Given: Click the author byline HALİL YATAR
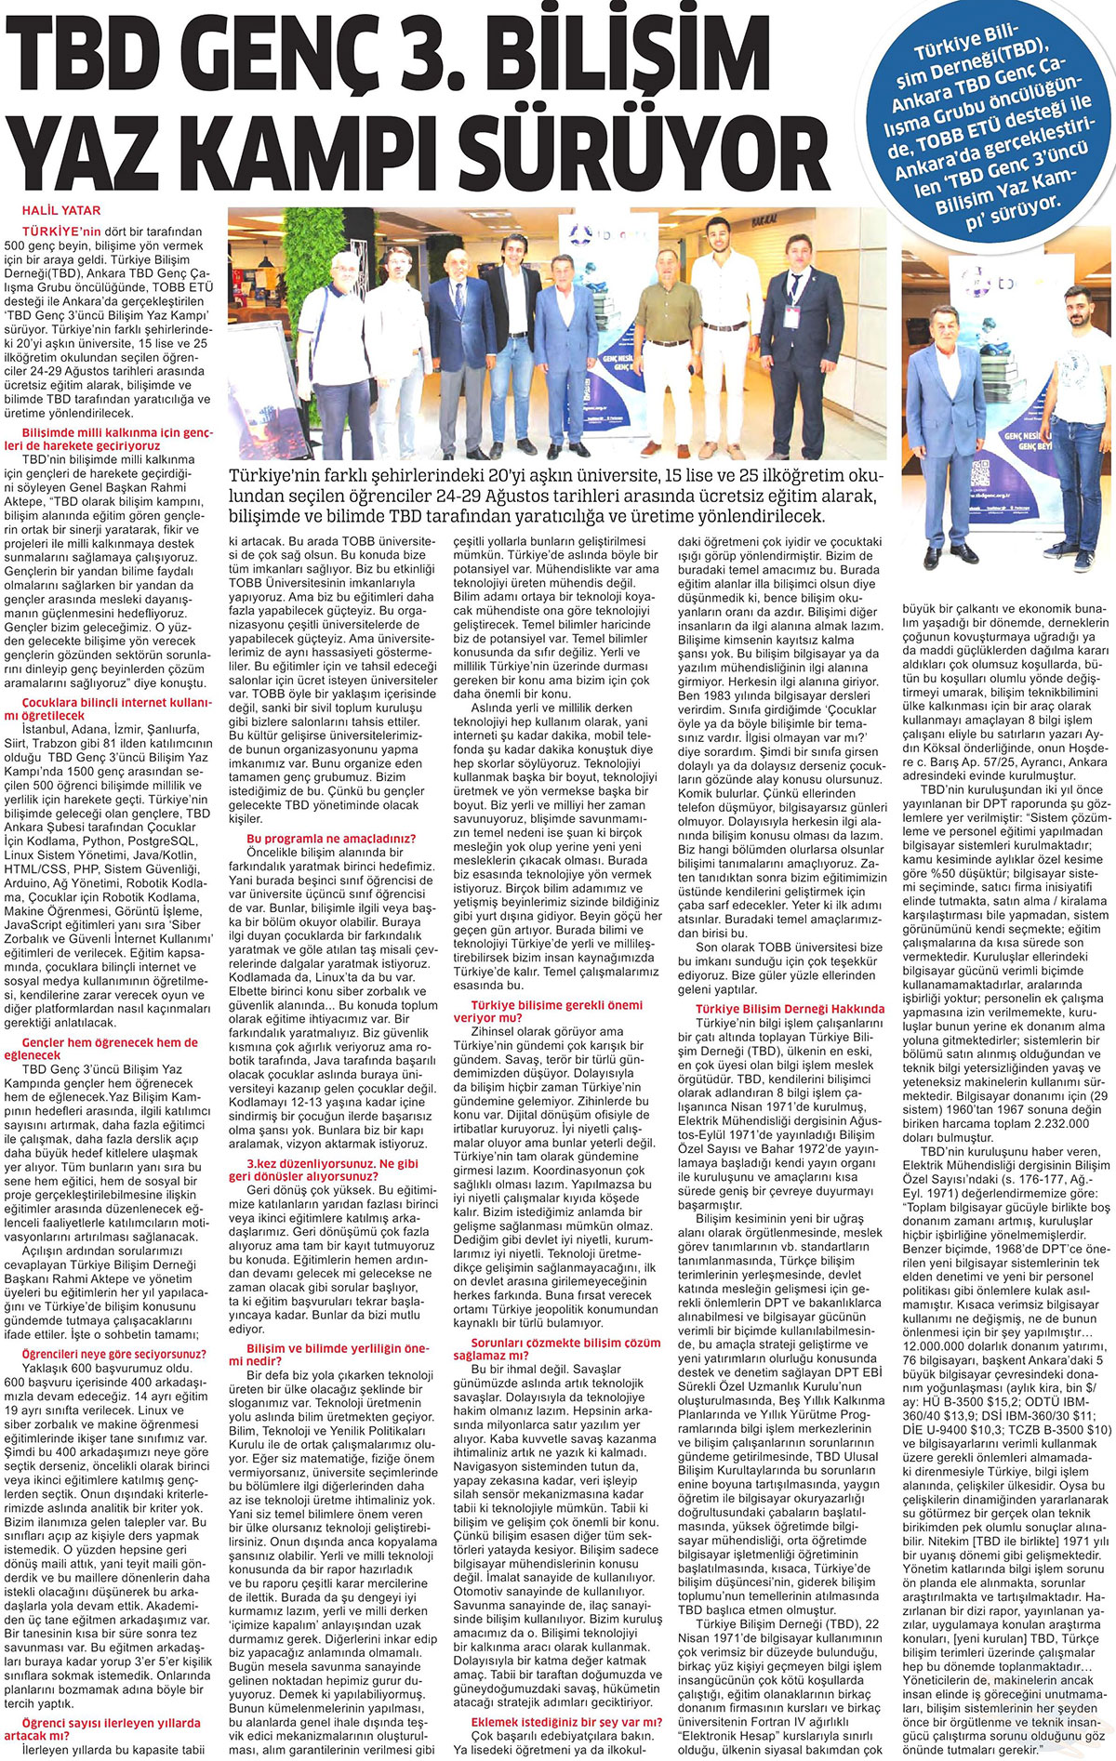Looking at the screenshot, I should [61, 210].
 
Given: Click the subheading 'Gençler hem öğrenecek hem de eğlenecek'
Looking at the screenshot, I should [110, 1049].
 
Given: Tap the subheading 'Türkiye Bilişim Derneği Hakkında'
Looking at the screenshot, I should [790, 1008].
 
